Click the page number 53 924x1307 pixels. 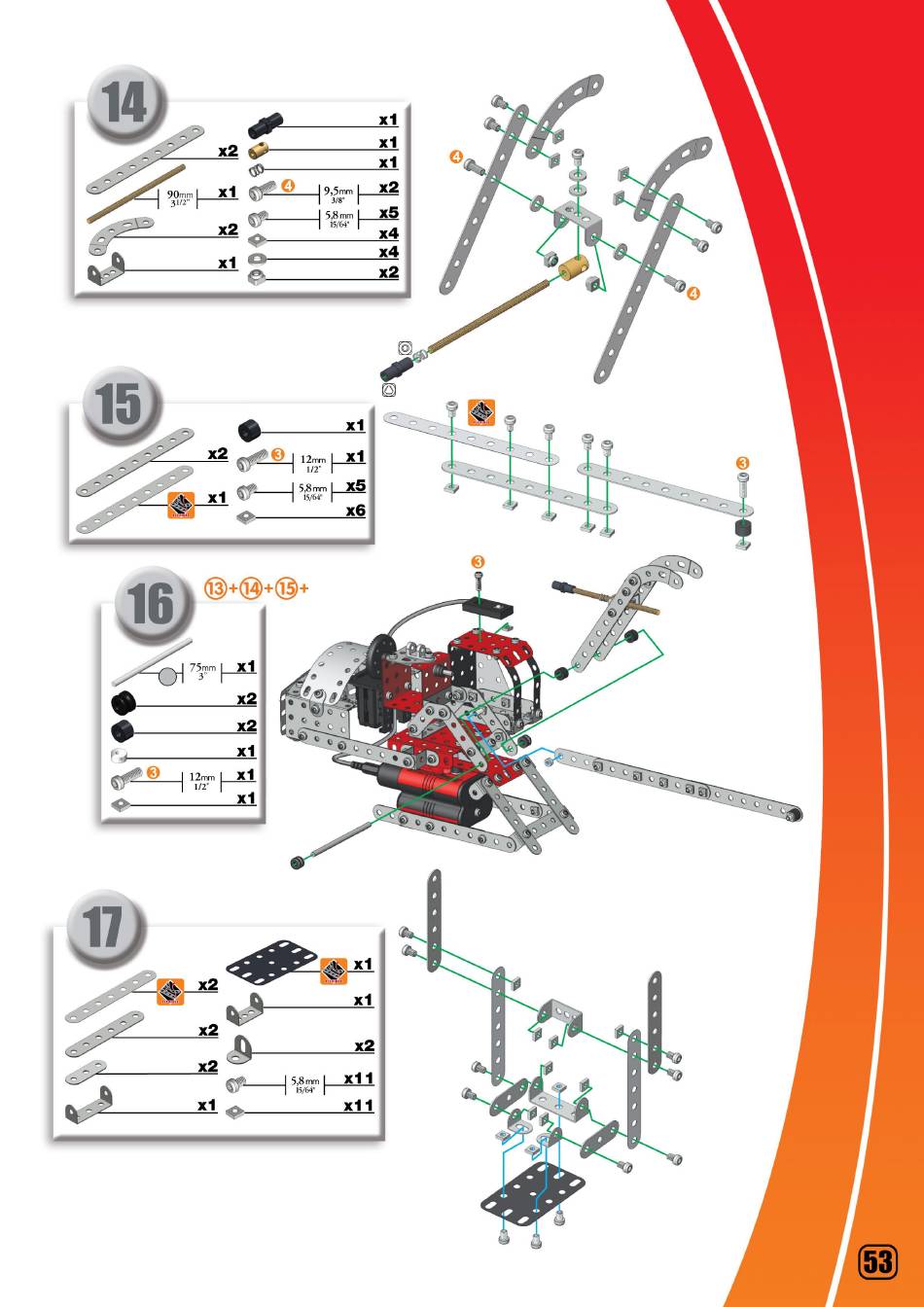tap(876, 1261)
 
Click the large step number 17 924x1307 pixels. tap(104, 929)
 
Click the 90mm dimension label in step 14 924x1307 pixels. tap(180, 197)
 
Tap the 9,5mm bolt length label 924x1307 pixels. tap(339, 191)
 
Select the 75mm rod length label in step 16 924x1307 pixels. tap(202, 672)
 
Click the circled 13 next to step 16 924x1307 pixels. tap(216, 587)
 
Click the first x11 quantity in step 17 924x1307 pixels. tap(359, 1077)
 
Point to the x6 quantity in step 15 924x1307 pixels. tap(355, 510)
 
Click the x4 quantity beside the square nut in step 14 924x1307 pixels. tap(388, 233)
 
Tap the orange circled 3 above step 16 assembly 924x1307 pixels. tap(478, 562)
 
